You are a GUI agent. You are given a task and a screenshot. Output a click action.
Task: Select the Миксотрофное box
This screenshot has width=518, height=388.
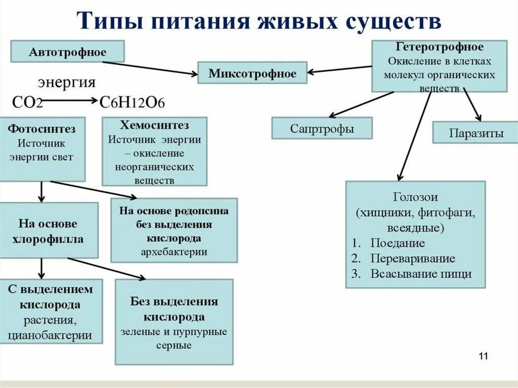click(252, 74)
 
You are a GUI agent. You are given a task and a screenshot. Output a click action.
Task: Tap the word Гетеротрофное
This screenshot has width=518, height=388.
click(439, 47)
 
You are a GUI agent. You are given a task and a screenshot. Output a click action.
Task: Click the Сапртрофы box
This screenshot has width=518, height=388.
click(322, 128)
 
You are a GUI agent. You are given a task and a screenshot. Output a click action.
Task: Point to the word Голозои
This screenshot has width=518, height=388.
click(415, 197)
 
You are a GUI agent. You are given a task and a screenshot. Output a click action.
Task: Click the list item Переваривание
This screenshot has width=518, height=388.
click(412, 258)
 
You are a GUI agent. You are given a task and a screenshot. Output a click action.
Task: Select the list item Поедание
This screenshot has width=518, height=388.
click(397, 243)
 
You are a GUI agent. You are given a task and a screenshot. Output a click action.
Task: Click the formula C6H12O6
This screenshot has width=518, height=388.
click(132, 102)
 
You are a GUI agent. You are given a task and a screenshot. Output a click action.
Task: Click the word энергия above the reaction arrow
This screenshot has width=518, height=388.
click(67, 82)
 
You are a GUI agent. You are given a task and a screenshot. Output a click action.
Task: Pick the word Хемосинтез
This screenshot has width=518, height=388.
click(154, 125)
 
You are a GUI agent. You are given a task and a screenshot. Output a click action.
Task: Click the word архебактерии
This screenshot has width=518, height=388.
click(174, 251)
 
